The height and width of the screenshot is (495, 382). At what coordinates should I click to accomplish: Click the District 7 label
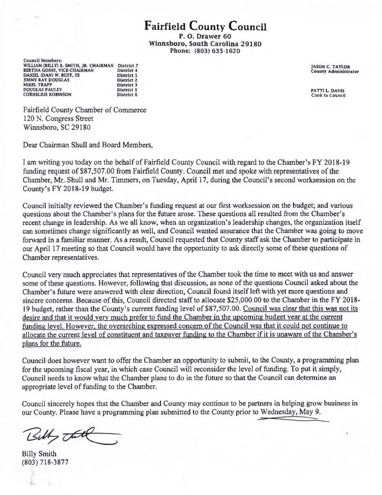pos(128,65)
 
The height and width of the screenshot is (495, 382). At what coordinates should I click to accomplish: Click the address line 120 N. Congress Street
pos(67,118)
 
